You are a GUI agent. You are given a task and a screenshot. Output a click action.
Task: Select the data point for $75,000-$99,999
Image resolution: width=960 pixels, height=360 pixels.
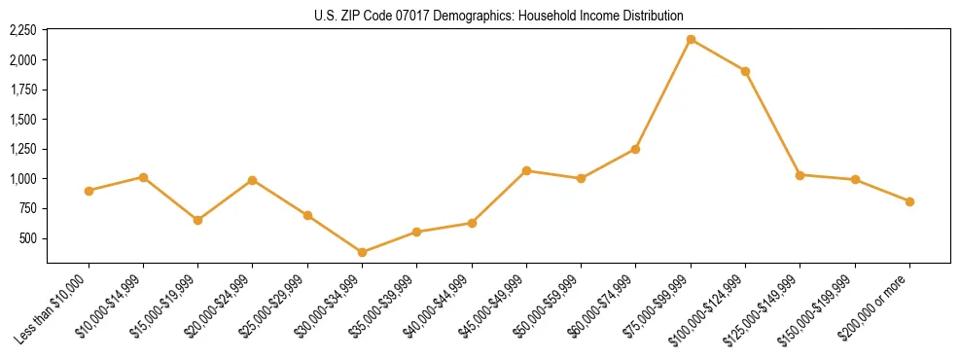(691, 39)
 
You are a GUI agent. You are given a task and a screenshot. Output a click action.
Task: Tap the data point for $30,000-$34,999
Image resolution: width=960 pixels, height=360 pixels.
(362, 252)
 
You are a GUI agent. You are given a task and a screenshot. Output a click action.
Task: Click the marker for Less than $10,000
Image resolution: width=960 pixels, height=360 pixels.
(89, 191)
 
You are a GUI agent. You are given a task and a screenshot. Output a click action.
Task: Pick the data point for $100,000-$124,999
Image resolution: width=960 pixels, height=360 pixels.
(745, 71)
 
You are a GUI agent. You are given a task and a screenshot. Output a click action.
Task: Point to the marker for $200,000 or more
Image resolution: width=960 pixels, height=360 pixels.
(909, 201)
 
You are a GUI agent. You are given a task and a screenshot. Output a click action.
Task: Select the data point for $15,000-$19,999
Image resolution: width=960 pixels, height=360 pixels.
(197, 220)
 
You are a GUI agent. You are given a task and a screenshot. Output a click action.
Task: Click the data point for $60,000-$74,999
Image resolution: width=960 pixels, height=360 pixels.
(635, 149)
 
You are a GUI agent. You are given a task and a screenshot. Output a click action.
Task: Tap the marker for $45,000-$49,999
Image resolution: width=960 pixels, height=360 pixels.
(526, 170)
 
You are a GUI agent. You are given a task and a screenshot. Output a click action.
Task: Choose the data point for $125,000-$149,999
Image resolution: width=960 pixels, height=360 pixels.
(800, 175)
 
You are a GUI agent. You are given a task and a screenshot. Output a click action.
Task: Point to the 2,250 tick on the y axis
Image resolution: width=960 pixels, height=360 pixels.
(22, 31)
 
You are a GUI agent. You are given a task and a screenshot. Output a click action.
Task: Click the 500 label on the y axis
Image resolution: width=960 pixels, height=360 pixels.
(28, 238)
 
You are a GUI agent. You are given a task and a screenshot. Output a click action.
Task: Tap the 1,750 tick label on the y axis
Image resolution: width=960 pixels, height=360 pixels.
(22, 90)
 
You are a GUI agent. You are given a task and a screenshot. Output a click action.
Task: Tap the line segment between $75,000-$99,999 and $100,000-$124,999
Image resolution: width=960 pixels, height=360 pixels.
(718, 55)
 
